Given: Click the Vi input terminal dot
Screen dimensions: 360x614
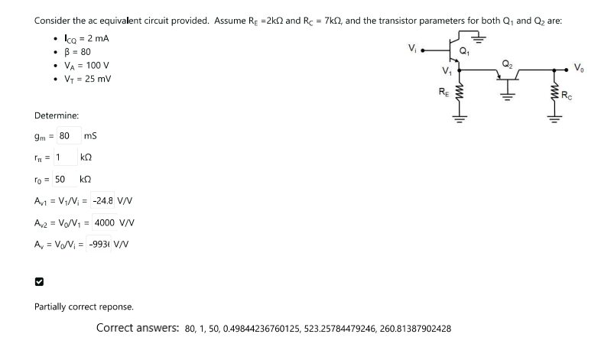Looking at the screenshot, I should coord(422,53).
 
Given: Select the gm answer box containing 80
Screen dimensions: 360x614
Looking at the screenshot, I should coord(64,136).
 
